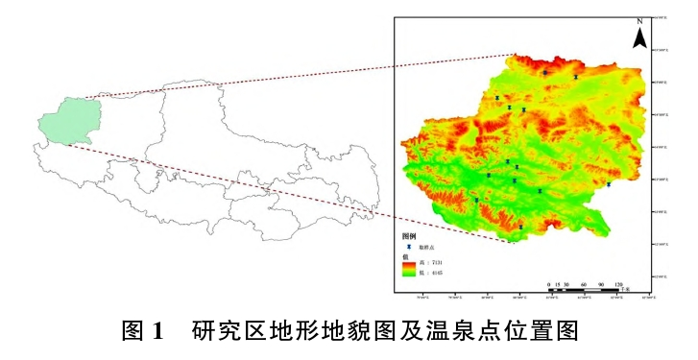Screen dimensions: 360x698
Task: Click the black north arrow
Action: click(x=639, y=38)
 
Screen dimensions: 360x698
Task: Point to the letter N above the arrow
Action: click(x=639, y=21)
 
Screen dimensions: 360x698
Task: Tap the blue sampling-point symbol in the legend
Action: click(x=408, y=247)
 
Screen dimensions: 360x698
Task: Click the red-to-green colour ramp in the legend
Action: click(x=409, y=268)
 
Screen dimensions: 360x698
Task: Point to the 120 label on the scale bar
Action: click(x=618, y=285)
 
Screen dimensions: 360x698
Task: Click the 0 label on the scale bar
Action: click(x=548, y=285)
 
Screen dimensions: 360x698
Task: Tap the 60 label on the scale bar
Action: click(x=583, y=285)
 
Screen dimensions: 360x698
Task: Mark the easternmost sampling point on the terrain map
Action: click(x=609, y=184)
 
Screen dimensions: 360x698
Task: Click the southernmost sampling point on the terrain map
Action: click(x=520, y=226)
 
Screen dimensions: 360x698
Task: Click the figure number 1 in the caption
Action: click(x=159, y=333)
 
